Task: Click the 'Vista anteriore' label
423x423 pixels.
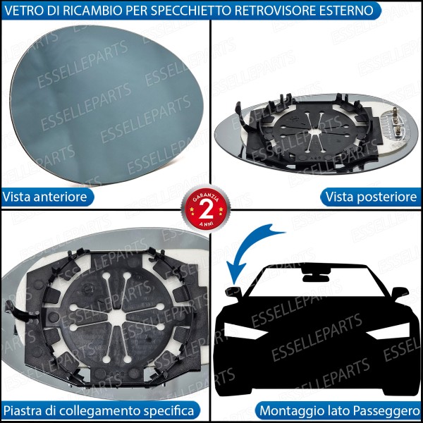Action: (46, 196)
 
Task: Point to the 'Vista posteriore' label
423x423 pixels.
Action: (370, 196)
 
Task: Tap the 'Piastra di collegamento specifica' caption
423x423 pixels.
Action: (99, 410)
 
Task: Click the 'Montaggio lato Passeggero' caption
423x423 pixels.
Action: (340, 410)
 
